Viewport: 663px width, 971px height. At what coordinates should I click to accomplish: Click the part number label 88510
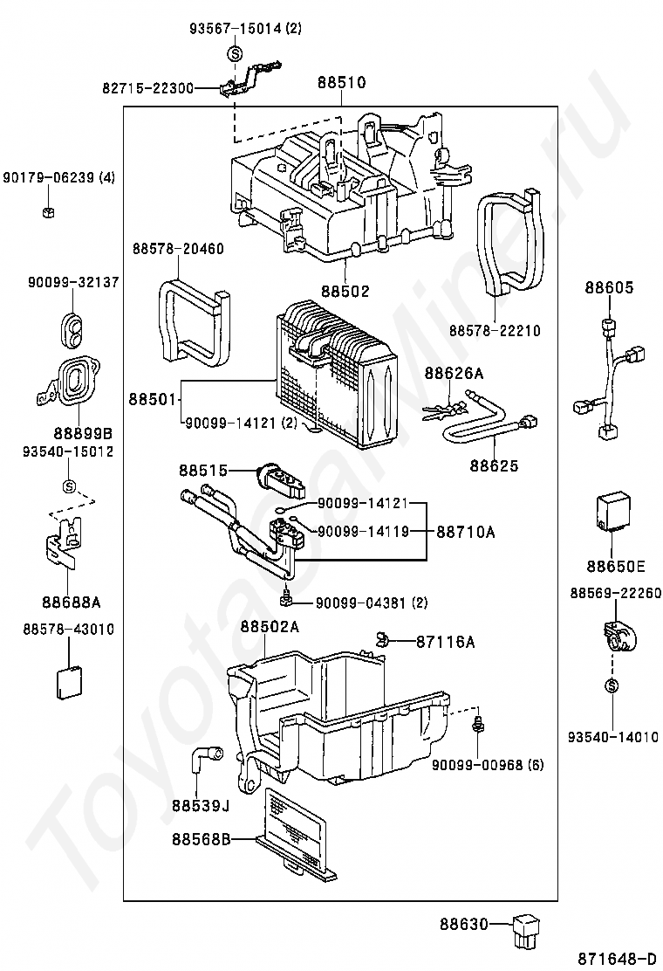[341, 82]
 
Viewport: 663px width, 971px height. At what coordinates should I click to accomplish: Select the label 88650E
[616, 566]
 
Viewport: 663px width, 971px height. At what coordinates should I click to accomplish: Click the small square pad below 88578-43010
[69, 682]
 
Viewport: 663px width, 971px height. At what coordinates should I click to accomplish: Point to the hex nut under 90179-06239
[49, 212]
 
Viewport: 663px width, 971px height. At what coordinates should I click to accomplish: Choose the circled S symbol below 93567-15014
[235, 54]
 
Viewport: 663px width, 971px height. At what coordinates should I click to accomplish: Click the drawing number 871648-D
[617, 959]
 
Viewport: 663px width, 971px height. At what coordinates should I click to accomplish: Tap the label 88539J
[201, 806]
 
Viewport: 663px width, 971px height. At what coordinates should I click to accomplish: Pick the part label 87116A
[445, 642]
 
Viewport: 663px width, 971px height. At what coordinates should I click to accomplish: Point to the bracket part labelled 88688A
[65, 542]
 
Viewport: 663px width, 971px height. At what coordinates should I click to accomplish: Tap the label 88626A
[454, 373]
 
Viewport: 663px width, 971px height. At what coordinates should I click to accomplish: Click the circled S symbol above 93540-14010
[612, 685]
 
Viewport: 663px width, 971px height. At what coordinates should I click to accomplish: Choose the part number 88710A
[466, 532]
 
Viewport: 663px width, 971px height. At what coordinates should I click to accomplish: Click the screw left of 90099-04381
[286, 598]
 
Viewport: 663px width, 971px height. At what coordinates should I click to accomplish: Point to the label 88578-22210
[495, 331]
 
